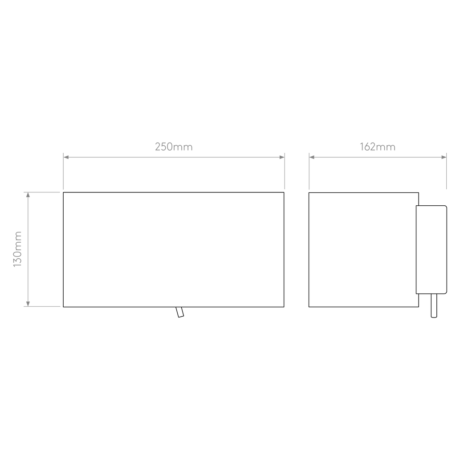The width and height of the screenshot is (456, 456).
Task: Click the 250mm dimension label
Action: [174, 147]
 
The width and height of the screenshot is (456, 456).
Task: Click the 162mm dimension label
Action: [378, 147]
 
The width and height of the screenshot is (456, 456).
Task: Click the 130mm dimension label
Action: [18, 249]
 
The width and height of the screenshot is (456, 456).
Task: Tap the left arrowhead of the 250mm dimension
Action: [66, 157]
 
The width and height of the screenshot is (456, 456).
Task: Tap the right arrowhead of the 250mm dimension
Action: [282, 157]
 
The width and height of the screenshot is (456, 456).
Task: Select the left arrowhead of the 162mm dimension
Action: [312, 157]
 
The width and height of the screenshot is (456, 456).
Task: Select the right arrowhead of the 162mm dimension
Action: [444, 157]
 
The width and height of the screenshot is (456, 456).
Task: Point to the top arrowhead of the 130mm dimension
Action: [28, 195]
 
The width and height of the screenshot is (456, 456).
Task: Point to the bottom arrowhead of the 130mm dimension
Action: [28, 304]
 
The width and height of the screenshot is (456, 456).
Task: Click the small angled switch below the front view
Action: [180, 312]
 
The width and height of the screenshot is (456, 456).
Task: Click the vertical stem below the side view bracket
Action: [434, 305]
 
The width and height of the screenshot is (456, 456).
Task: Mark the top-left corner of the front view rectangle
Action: [63, 192]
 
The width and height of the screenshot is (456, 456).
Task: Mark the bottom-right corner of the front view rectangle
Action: [284, 307]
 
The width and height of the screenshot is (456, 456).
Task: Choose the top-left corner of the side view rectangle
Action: [309, 192]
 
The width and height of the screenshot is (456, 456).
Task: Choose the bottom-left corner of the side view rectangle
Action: [309, 307]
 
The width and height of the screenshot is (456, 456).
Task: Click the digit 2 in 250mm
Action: [158, 147]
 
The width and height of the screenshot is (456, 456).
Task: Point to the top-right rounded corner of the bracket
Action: [445, 207]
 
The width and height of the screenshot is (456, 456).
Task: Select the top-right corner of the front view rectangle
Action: [284, 192]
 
